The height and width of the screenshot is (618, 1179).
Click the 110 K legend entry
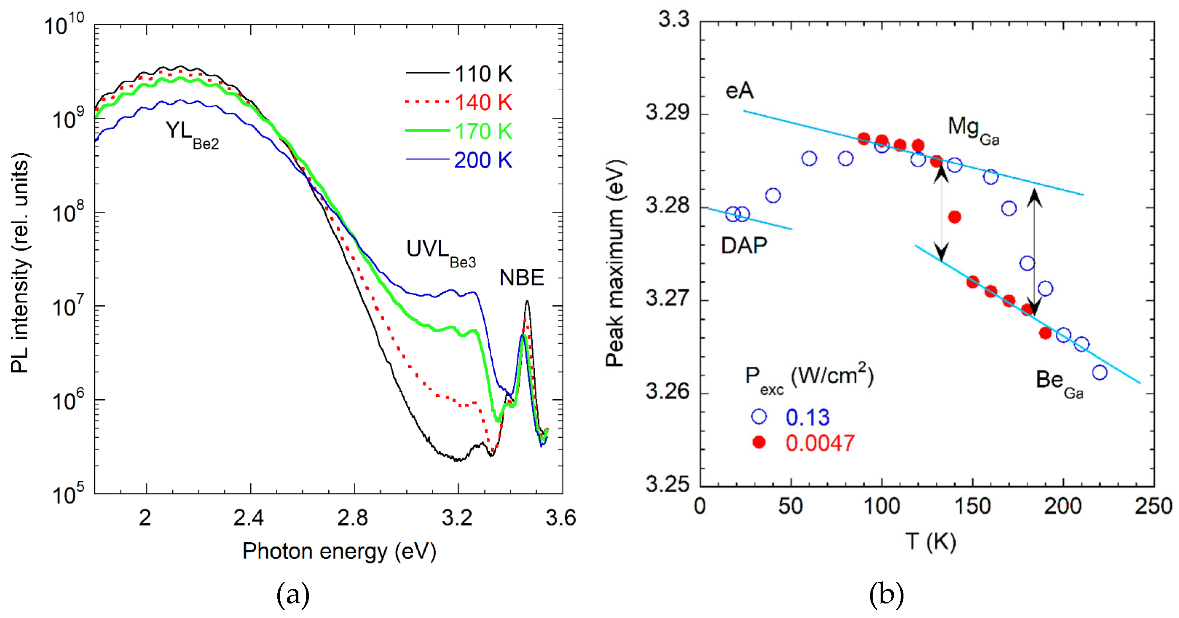point(483,74)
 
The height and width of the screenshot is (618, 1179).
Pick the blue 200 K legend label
point(483,160)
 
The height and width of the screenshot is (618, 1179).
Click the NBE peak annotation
point(522,278)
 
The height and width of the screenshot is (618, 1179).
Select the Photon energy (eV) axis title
point(339,551)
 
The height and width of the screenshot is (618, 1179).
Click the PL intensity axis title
point(20,263)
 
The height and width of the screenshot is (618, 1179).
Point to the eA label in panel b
point(740,91)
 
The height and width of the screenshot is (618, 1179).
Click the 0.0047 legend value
point(820,443)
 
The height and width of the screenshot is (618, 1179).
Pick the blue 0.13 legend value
point(807,417)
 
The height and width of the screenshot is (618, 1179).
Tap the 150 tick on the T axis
point(972,507)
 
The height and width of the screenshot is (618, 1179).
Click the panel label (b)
point(886,595)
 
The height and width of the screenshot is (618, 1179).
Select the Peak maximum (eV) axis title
point(616,263)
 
